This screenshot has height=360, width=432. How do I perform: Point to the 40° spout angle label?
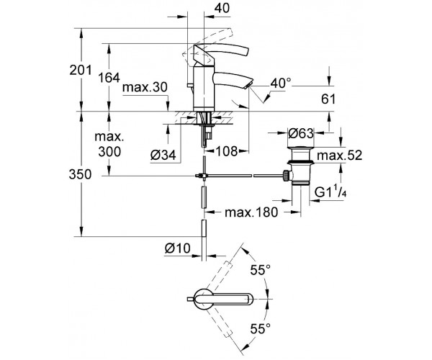pos(279,84)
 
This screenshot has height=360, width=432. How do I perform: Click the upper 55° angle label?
pos(258,271)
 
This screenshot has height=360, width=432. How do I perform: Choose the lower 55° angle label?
pos(258,328)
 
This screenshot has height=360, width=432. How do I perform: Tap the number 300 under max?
pos(107,151)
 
